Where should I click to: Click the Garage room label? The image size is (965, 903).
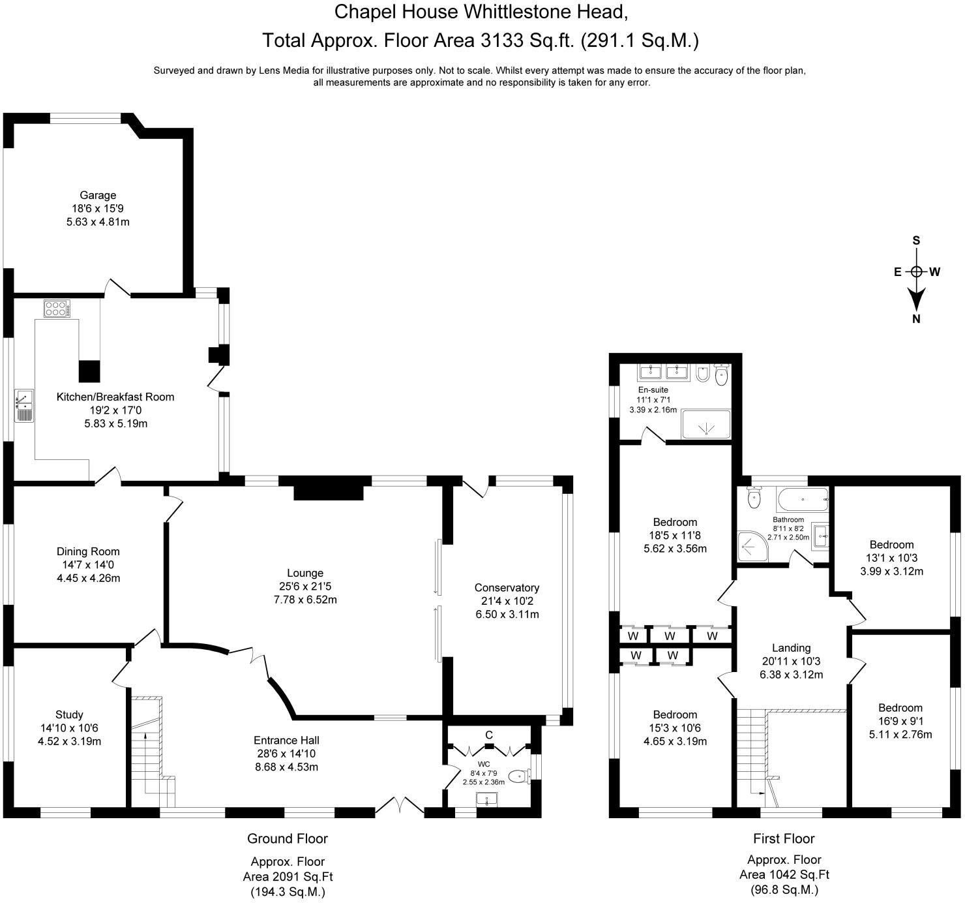(98, 195)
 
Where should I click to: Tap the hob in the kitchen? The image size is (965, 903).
(57, 309)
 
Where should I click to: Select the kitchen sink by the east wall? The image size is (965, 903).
(24, 405)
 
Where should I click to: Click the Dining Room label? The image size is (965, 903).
(88, 551)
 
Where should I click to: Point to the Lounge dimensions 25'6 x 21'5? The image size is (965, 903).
(305, 586)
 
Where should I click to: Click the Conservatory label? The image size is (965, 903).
(507, 587)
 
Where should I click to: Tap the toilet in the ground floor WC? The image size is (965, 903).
(520, 776)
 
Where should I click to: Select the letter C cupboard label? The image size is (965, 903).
(489, 735)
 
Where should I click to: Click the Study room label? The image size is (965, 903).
(69, 714)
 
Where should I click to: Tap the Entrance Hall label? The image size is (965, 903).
(286, 740)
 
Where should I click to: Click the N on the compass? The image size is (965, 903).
(916, 318)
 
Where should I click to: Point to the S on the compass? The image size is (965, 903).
(916, 240)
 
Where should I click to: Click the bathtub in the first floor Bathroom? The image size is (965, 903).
(803, 499)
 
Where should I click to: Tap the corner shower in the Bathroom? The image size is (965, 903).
(752, 546)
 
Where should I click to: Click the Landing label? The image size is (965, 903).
(791, 648)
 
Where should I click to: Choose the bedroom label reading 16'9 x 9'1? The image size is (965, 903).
(900, 721)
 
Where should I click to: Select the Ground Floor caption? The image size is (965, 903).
(287, 838)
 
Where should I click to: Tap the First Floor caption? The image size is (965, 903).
(784, 838)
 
